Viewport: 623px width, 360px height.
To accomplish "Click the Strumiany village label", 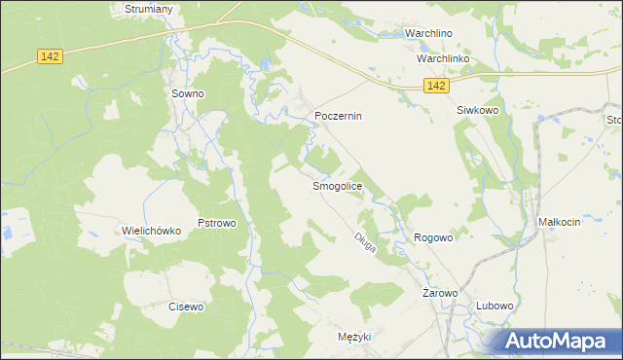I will [x=149, y=9].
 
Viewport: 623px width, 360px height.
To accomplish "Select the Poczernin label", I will [x=338, y=116].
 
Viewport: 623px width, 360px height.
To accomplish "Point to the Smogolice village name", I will [x=337, y=186].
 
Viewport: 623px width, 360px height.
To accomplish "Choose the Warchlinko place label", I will [x=443, y=59].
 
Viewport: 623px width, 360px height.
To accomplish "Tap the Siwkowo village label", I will [x=478, y=111].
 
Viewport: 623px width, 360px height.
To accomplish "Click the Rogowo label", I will [x=434, y=237].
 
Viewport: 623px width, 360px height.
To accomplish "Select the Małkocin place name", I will [x=559, y=222].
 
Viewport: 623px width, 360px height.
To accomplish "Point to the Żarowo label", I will [x=440, y=292].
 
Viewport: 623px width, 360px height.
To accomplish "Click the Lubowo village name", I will [x=495, y=306].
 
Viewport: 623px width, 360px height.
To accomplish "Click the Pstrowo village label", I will [x=217, y=223].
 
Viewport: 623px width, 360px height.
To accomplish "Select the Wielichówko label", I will [x=152, y=231].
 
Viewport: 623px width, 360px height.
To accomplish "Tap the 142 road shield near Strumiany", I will [x=52, y=56].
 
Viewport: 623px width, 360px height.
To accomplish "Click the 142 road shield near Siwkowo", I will [x=436, y=87].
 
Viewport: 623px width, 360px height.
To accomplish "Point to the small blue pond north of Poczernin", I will [x=265, y=66].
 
